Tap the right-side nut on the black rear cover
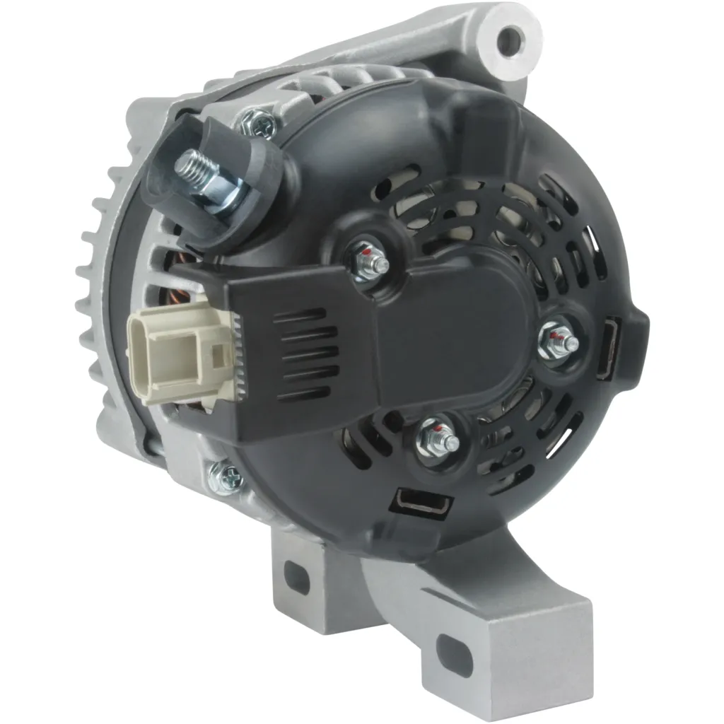click(x=559, y=341)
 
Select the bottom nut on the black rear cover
click(x=438, y=440)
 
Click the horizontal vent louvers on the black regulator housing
click(x=303, y=354)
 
